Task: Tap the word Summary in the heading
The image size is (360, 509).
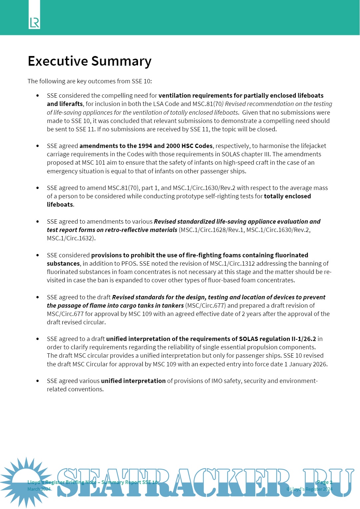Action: pyautogui.click(x=121, y=61)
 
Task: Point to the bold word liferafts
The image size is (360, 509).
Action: pyautogui.click(x=71, y=104)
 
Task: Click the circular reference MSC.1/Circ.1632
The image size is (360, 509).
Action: pyautogui.click(x=70, y=238)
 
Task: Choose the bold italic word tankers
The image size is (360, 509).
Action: pyautogui.click(x=173, y=306)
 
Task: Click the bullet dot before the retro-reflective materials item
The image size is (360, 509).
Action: pyautogui.click(x=38, y=222)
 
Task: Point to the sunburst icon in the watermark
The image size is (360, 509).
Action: pyautogui.click(x=26, y=482)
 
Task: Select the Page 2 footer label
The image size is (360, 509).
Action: pyautogui.click(x=324, y=482)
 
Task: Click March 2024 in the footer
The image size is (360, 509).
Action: pyautogui.click(x=39, y=489)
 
